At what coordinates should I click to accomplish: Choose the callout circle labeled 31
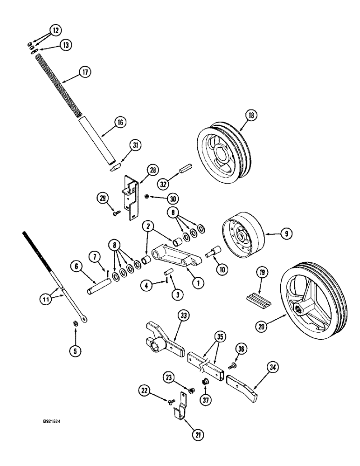[x=136, y=146]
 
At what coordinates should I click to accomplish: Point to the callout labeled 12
[x=55, y=30]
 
